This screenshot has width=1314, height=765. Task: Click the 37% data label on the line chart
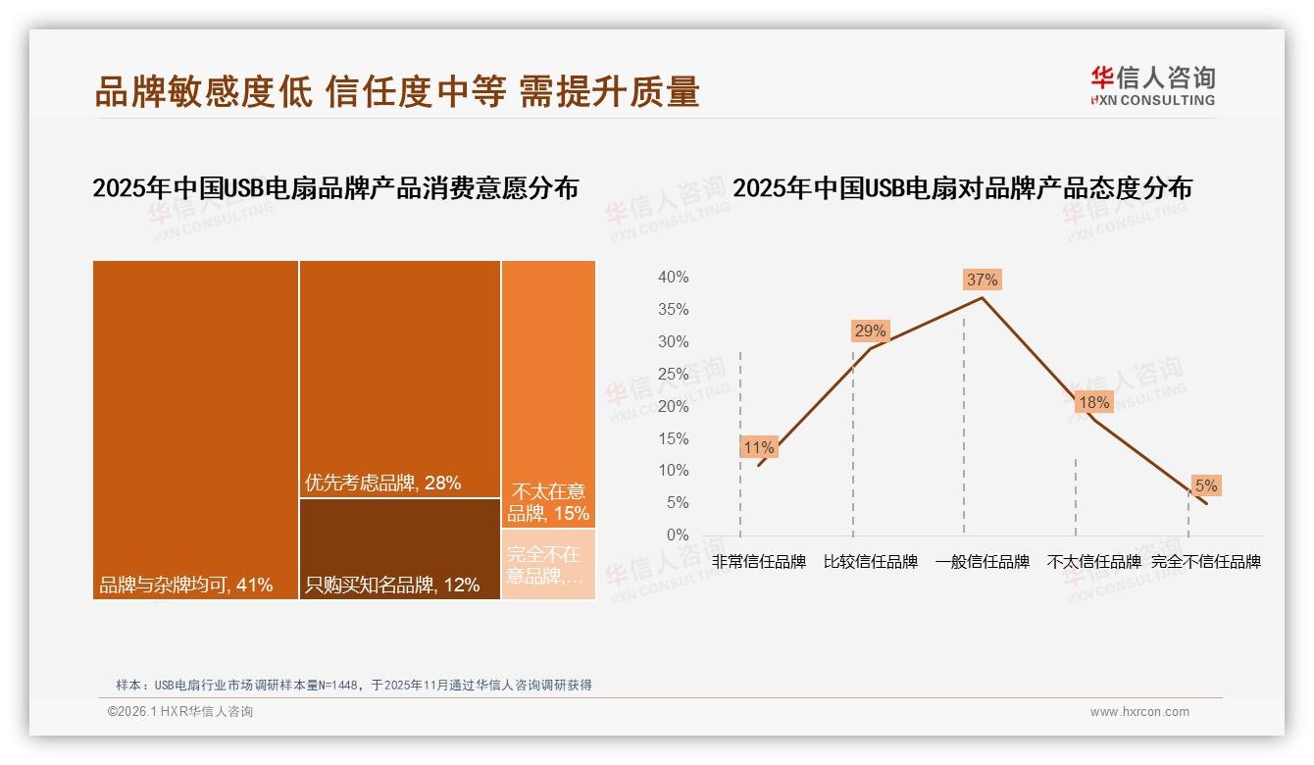click(x=982, y=280)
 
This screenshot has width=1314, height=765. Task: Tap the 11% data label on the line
click(x=758, y=447)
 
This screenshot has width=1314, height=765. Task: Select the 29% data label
click(x=870, y=331)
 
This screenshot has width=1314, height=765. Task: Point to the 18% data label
click(x=1093, y=402)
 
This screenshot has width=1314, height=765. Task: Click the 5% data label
click(x=1205, y=485)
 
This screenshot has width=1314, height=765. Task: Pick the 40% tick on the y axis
click(x=673, y=278)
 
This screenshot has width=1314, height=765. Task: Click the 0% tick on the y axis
click(x=677, y=535)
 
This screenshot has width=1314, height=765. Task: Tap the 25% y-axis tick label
click(x=673, y=374)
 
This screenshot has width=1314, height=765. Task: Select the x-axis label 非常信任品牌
click(x=758, y=562)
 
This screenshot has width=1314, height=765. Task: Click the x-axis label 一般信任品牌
click(x=982, y=562)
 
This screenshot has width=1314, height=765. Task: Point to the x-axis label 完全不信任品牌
click(x=1205, y=562)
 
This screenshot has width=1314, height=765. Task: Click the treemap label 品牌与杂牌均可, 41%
click(x=185, y=586)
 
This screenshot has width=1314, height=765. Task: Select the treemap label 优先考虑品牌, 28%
click(x=382, y=483)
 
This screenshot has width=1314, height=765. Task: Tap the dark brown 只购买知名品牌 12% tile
click(x=399, y=549)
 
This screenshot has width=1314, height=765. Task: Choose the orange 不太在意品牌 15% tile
click(x=548, y=392)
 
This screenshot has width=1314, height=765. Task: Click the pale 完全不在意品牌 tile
click(x=548, y=565)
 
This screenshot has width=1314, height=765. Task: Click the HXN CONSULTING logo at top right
click(x=1152, y=86)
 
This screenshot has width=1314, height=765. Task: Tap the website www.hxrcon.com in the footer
click(x=1139, y=712)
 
